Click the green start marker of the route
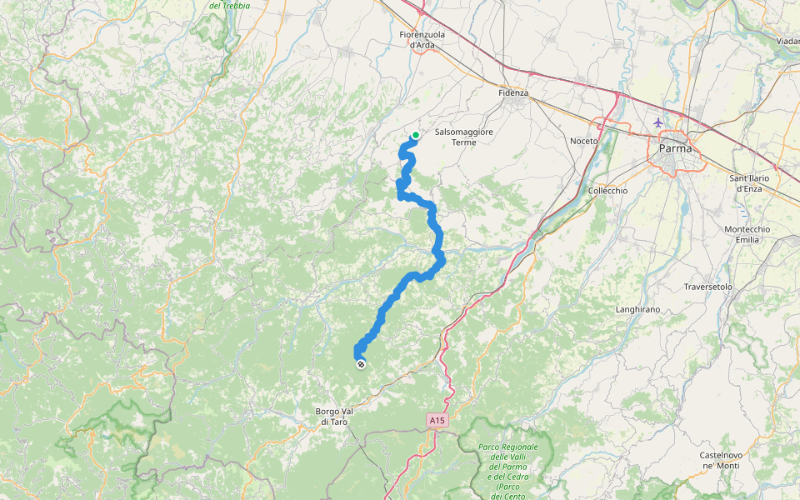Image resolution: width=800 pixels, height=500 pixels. tap(415, 135)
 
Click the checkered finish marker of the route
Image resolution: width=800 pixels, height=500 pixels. tap(360, 364)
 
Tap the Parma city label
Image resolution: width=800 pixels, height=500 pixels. tap(674, 148)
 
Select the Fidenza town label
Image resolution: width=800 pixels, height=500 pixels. tap(513, 92)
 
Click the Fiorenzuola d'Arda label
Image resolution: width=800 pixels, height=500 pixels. tap(422, 39)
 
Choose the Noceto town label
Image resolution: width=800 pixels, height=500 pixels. tap(584, 141)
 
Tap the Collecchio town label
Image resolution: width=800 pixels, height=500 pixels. tap(607, 190)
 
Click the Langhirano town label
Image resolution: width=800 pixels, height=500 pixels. tap(637, 309)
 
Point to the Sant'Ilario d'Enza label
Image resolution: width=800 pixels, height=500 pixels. tap(748, 182)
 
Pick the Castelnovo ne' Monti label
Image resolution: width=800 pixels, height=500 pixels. tap(722, 460)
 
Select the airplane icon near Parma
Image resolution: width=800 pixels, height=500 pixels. tap(658, 122)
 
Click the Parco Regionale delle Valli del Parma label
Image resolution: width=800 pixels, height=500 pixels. tap(508, 462)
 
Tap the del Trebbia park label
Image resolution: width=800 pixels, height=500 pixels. tap(229, 6)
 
